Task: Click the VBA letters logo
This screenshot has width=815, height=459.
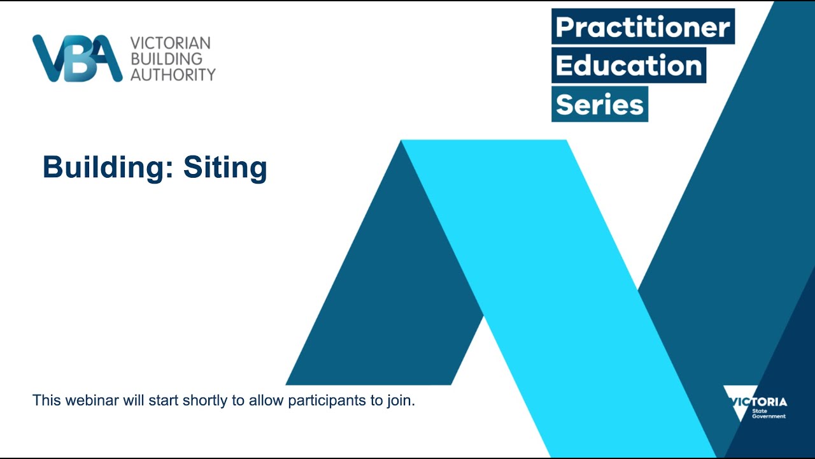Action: (77, 59)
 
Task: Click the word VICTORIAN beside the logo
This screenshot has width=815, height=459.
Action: (170, 43)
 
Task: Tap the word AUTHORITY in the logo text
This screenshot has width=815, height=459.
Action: (173, 75)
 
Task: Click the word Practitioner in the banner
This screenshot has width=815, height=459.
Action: (642, 27)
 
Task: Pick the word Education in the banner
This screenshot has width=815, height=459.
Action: (628, 65)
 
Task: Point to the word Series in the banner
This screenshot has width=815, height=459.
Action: (599, 104)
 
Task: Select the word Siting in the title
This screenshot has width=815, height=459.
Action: (225, 168)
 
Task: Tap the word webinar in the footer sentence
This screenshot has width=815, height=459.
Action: (85, 401)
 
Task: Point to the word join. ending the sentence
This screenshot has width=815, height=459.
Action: (402, 401)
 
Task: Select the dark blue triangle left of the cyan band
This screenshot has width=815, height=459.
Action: (388, 306)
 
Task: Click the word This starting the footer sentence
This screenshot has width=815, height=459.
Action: (45, 401)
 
